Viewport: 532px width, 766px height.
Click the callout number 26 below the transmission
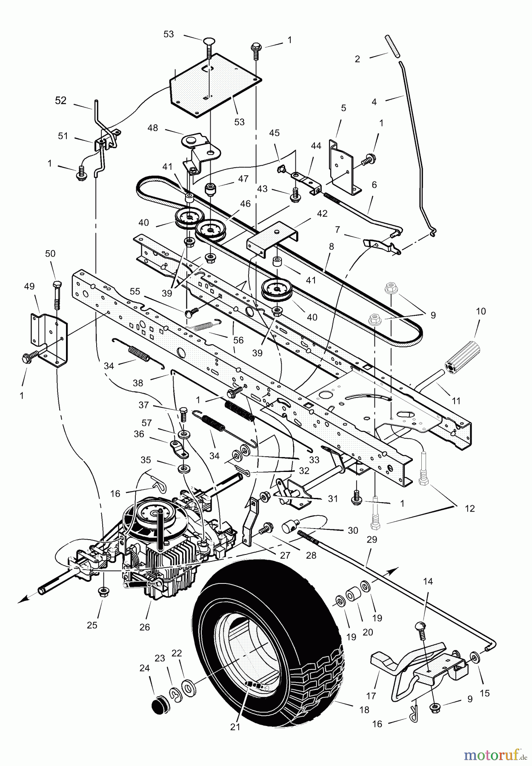[145, 627]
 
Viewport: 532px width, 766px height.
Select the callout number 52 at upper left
[61, 100]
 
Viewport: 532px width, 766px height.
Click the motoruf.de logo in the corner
[494, 755]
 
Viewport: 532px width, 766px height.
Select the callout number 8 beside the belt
[332, 246]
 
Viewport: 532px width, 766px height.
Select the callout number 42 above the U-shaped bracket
[322, 214]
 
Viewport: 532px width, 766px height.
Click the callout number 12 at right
[469, 508]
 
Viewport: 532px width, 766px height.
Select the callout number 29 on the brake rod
[372, 540]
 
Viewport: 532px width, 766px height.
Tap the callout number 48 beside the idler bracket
[152, 128]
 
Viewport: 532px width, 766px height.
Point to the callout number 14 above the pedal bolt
[428, 581]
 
